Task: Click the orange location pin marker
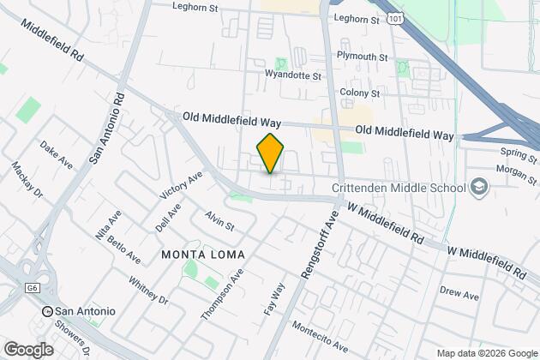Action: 270,154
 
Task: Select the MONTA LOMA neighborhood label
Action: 203,255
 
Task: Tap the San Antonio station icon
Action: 48,310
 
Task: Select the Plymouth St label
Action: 363,57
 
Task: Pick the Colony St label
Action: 360,93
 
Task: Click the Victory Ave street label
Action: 181,184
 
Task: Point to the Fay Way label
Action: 274,299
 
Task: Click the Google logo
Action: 28,350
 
